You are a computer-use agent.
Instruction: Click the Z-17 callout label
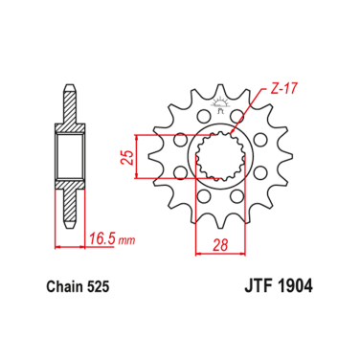coord(275,89)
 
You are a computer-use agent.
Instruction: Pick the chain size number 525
coord(107,286)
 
